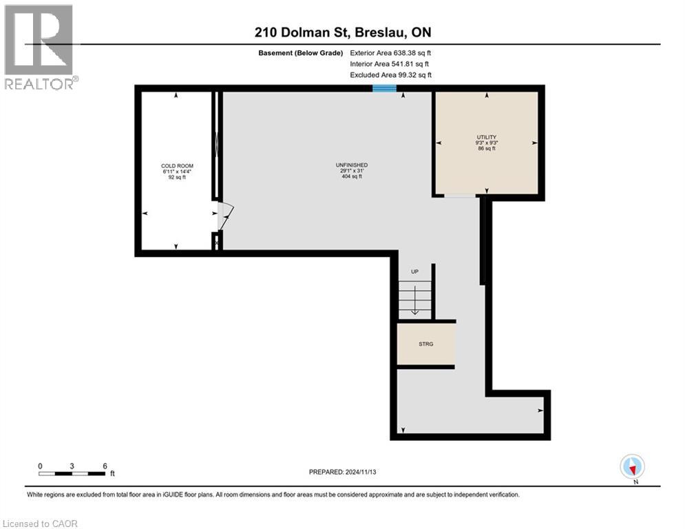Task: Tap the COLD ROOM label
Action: pyautogui.click(x=177, y=166)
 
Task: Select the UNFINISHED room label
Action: pyautogui.click(x=352, y=165)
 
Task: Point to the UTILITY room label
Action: pyautogui.click(x=487, y=137)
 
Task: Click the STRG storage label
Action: pyautogui.click(x=426, y=344)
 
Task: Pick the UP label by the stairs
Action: pyautogui.click(x=414, y=272)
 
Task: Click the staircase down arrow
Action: pyautogui.click(x=414, y=300)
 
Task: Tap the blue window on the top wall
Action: pyautogui.click(x=384, y=88)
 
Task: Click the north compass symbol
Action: pyautogui.click(x=632, y=467)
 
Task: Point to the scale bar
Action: pyautogui.click(x=72, y=473)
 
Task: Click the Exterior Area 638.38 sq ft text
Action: pyautogui.click(x=390, y=53)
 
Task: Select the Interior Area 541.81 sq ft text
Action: pyautogui.click(x=389, y=64)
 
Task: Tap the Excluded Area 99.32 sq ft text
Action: pyautogui.click(x=391, y=75)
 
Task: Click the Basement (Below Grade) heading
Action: pyautogui.click(x=301, y=53)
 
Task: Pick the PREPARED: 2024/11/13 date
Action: pyautogui.click(x=343, y=472)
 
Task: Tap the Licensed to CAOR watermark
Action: pyautogui.click(x=40, y=523)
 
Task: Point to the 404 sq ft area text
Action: pyautogui.click(x=352, y=176)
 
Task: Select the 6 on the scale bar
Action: pyautogui.click(x=105, y=466)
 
